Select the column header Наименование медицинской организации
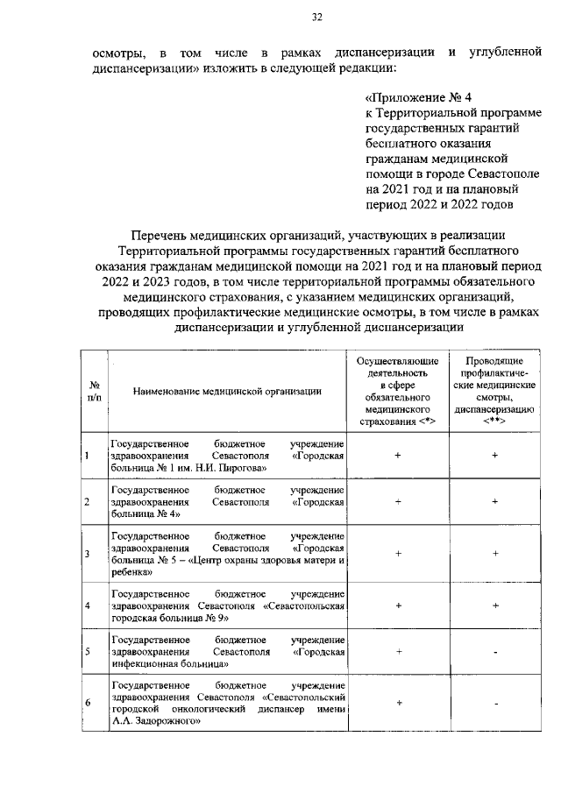pos(227,392)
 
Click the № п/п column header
pos(94,392)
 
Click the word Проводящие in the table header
pos(495,361)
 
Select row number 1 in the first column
pos(88,456)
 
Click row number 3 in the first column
pos(88,554)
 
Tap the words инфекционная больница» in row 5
pos(167,664)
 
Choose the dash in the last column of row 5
pos(495,653)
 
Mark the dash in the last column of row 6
pos(495,703)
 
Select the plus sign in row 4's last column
pos(495,605)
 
